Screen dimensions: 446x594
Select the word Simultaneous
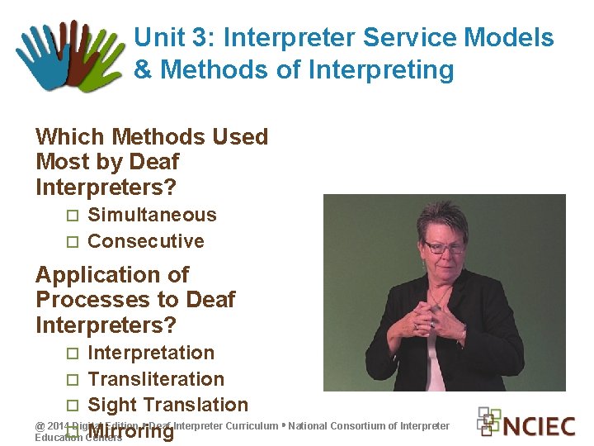tap(152, 215)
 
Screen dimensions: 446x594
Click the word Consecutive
tap(145, 241)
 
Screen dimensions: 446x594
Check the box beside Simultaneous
tap(72, 216)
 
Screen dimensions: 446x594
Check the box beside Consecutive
tap(72, 242)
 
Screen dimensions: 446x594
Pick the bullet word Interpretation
tap(150, 353)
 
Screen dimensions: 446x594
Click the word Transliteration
tap(155, 379)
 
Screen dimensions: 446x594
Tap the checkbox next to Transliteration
tap(72, 380)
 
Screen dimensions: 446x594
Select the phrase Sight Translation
tap(167, 405)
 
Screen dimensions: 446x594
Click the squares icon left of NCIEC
tap(489, 421)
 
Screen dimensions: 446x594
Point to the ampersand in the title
tap(143, 70)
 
